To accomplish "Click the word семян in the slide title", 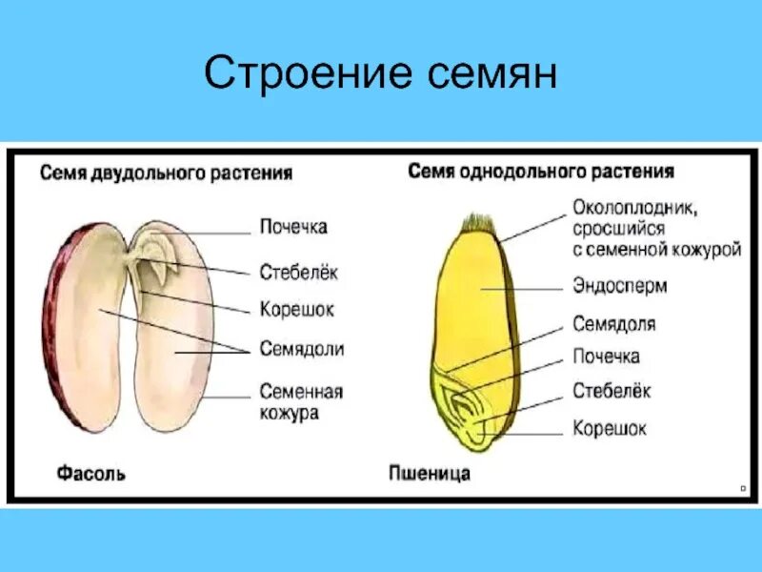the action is tap(491, 73).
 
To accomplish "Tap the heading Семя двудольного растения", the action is tap(166, 174).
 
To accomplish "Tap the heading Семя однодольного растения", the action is tap(541, 172).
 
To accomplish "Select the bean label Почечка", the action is tap(294, 227).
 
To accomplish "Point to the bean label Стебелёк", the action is tap(299, 272).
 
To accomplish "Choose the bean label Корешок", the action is tap(297, 310).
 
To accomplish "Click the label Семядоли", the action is tap(302, 349).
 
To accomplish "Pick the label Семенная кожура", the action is tap(301, 402).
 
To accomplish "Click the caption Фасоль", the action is tap(91, 473).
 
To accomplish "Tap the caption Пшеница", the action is tap(430, 473).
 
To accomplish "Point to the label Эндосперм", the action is tap(619, 286).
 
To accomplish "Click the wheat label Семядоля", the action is tap(613, 324).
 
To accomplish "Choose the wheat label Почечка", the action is tap(606, 357).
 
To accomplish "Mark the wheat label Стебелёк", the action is tap(612, 391).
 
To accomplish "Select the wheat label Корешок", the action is tap(610, 429).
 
